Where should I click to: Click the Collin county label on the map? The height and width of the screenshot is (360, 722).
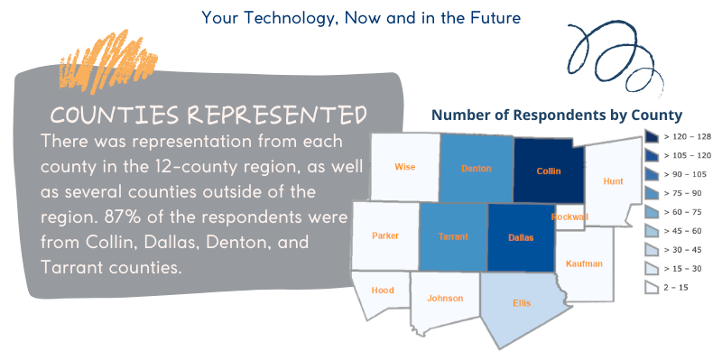tap(549, 171)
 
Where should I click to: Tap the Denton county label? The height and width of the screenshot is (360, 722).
tap(477, 169)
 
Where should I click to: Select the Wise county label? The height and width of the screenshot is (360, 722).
tap(404, 167)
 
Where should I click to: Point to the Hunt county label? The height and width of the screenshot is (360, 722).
tap(613, 181)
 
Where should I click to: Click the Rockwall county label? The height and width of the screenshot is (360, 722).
tap(569, 217)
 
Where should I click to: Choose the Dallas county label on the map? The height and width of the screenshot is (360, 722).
tap(521, 237)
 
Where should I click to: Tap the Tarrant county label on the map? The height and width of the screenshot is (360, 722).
tap(453, 236)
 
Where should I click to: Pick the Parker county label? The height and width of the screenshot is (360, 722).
tap(385, 235)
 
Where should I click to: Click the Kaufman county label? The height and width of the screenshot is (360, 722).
tap(584, 263)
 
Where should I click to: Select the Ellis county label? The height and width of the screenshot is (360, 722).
tap(522, 303)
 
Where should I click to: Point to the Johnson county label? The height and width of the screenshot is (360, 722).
tap(445, 299)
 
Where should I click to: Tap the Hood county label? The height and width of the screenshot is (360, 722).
tap(383, 290)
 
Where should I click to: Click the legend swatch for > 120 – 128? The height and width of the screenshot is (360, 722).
tap(652, 137)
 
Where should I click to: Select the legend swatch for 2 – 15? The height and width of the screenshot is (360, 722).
tap(652, 288)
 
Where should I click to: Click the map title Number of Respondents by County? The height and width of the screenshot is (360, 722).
tap(557, 115)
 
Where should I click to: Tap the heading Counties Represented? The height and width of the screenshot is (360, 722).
tap(208, 115)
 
